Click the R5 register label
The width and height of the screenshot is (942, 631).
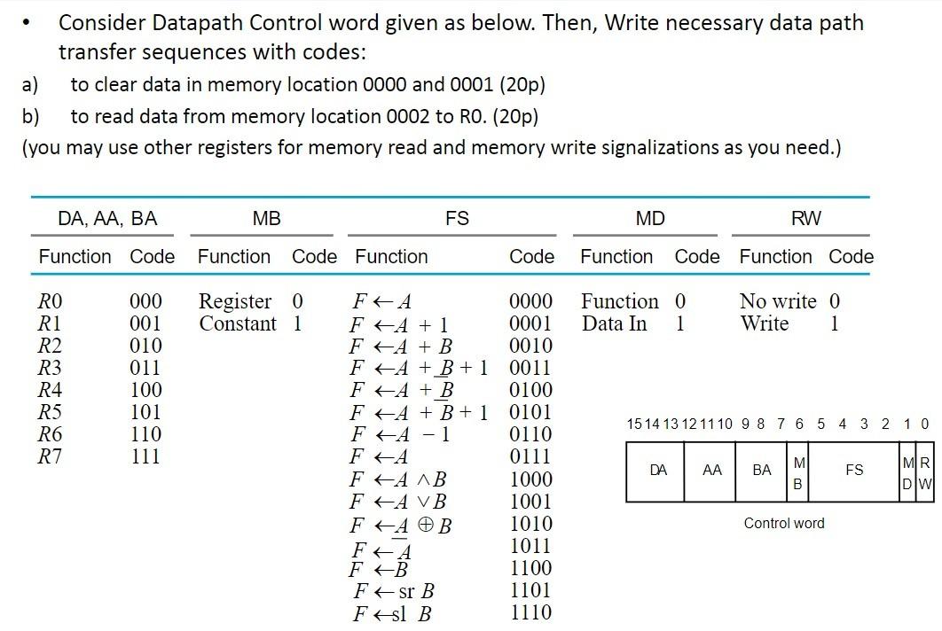pos(51,412)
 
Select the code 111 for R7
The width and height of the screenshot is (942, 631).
pos(145,456)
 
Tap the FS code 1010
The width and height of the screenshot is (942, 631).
pos(530,524)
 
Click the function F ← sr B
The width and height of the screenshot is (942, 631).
pos(394,591)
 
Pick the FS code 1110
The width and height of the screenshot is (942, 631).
pos(530,612)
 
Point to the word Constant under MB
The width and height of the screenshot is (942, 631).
pos(238,323)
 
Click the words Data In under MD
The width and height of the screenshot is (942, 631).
pos(614,323)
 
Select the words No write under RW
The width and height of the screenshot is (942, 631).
pos(778,301)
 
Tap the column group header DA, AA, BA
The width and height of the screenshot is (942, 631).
pos(107,218)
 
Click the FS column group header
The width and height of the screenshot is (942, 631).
pos(457,218)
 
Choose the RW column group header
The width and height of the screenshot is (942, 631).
pos(805,218)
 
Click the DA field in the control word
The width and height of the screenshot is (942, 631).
pos(658,471)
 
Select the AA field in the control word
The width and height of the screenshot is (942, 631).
pos(711,471)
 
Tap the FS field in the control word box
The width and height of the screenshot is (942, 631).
pos(854,471)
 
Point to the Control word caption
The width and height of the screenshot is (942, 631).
pos(784,523)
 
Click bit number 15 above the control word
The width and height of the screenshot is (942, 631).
pos(632,424)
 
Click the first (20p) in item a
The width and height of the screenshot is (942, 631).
pos(522,84)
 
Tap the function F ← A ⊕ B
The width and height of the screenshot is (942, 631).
pos(402,525)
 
